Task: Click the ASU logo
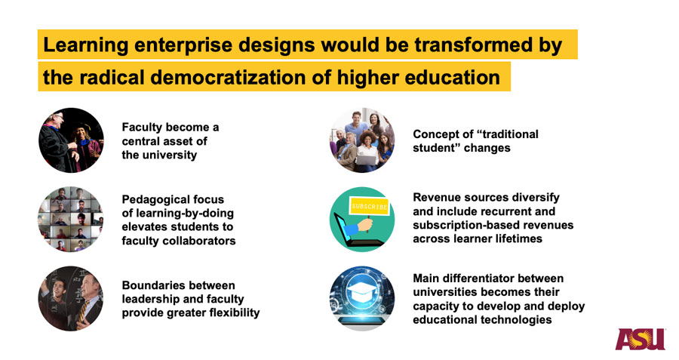641,339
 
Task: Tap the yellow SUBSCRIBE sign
369,206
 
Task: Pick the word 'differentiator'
477,278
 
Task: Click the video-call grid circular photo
71,219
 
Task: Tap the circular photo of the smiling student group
362,140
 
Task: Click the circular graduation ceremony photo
71,140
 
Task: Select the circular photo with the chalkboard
71,298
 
